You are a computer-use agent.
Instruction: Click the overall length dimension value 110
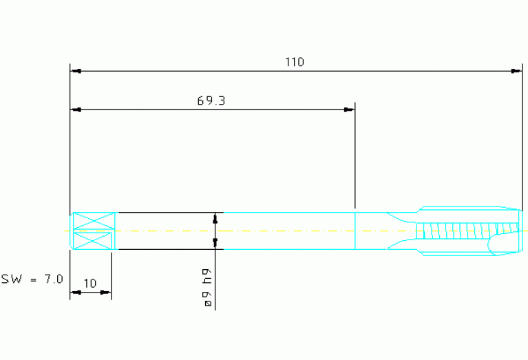point(295,62)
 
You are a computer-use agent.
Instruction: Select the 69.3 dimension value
point(211,100)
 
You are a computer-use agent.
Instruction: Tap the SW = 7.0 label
point(32,279)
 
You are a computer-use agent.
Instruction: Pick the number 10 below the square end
point(90,283)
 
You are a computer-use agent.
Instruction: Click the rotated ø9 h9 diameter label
point(208,288)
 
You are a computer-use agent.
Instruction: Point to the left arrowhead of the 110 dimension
point(76,71)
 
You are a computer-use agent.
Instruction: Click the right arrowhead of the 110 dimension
point(516,71)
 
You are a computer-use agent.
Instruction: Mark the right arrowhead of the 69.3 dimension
point(349,109)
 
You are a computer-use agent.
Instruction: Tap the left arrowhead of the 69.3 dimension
point(76,109)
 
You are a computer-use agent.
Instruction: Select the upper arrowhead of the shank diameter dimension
point(215,219)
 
